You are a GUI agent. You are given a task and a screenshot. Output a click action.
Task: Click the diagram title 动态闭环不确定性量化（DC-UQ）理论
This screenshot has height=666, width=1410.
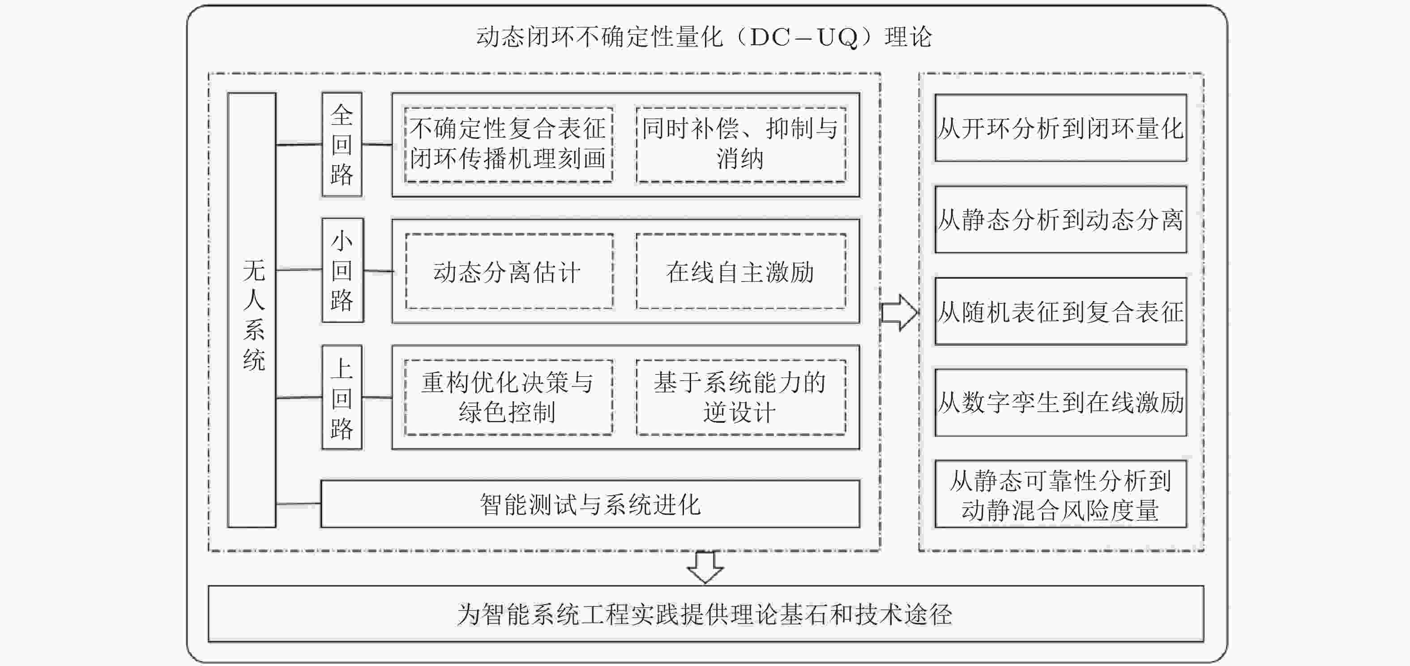point(704,37)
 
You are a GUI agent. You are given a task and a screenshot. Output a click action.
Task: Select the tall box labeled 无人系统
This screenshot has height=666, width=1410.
point(252,310)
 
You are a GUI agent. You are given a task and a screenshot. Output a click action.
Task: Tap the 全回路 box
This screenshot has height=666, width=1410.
point(342,145)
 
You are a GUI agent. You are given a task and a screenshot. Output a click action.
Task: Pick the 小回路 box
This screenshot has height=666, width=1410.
point(342,271)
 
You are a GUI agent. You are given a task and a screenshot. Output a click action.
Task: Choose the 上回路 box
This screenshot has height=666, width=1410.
point(342,397)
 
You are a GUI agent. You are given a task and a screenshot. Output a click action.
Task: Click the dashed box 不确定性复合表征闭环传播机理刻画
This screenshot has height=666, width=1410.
point(508,145)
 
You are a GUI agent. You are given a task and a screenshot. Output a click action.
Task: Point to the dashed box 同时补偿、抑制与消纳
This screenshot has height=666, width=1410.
point(740,145)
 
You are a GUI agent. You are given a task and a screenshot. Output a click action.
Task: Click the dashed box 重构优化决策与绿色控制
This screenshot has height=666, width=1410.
point(508,398)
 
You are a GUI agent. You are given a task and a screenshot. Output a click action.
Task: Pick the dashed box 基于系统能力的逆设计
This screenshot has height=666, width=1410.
point(740,398)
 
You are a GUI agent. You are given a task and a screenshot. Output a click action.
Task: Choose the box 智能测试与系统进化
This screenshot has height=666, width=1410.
point(590,504)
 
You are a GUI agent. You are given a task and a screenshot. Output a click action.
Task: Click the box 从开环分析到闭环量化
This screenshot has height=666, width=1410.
point(1061,128)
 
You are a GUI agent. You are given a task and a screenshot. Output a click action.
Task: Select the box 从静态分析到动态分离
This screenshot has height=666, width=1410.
point(1061,219)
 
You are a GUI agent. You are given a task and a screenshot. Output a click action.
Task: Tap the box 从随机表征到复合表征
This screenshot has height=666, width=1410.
point(1061,312)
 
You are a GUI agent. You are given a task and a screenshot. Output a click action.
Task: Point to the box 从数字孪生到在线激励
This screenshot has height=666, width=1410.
point(1061,403)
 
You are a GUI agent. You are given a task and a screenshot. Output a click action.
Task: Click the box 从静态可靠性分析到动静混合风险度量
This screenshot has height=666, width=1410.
point(1061,494)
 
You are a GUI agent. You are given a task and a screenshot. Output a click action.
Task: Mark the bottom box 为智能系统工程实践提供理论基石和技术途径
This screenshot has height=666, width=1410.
point(705,614)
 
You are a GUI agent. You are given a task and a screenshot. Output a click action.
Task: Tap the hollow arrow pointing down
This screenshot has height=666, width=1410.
point(705,567)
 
